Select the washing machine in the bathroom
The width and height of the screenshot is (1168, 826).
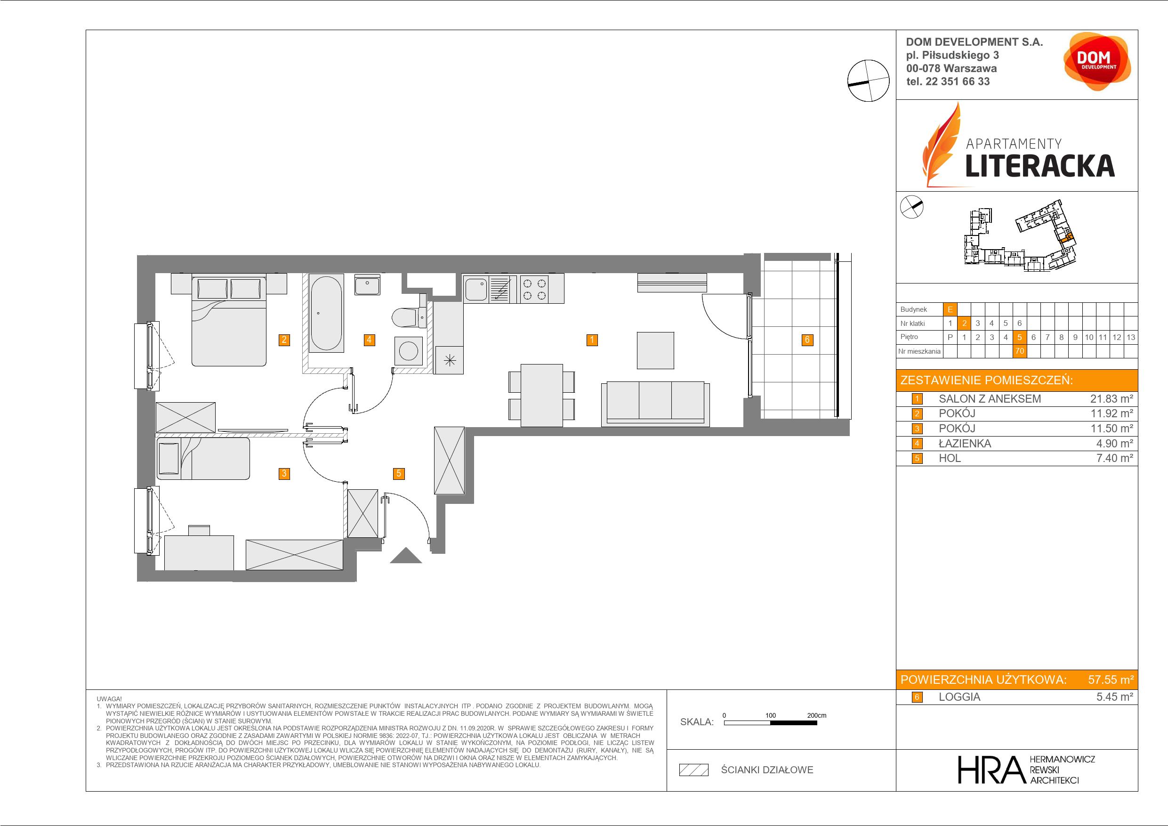point(409,351)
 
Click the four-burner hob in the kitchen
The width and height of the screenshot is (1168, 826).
point(535,290)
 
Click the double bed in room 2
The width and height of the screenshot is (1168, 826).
point(229,321)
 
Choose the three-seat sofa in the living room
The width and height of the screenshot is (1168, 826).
point(655,403)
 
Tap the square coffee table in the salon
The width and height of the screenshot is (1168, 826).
point(656,350)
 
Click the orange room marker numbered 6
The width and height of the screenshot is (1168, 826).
point(807,340)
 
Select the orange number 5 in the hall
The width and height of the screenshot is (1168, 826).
point(398,473)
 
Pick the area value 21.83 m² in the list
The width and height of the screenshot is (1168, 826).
point(1112,399)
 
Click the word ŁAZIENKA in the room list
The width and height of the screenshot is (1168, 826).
point(965,443)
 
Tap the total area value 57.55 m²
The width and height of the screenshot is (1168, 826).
point(1111,680)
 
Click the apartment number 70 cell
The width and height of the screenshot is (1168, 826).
point(1019,351)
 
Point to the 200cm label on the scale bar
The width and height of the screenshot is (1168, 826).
point(816,715)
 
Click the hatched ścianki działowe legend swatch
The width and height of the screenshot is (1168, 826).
point(694,770)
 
